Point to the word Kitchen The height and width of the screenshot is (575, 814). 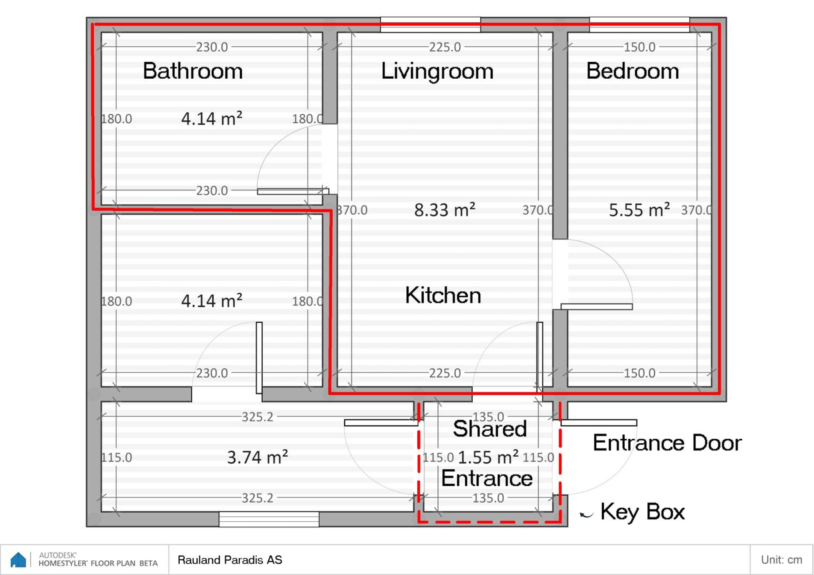point(443,295)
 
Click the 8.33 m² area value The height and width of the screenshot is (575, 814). point(445,210)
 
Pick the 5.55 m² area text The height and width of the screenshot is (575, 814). point(639,210)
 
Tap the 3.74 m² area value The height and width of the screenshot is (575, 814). point(257,457)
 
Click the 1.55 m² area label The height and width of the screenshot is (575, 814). point(488,457)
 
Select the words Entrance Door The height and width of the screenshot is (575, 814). point(667,443)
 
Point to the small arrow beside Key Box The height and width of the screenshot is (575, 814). point(586,515)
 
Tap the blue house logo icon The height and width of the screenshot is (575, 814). point(18,560)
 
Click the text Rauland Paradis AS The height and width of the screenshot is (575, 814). point(230,560)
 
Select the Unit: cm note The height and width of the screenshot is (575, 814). point(781,560)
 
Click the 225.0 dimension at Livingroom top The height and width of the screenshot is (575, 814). point(445,47)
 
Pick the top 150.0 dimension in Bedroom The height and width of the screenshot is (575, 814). point(640,47)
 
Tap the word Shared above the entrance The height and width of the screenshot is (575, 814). point(489,429)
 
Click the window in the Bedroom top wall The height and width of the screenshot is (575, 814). point(640,24)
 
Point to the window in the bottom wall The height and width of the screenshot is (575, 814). point(269,519)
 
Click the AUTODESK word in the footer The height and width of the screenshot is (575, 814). point(58,555)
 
